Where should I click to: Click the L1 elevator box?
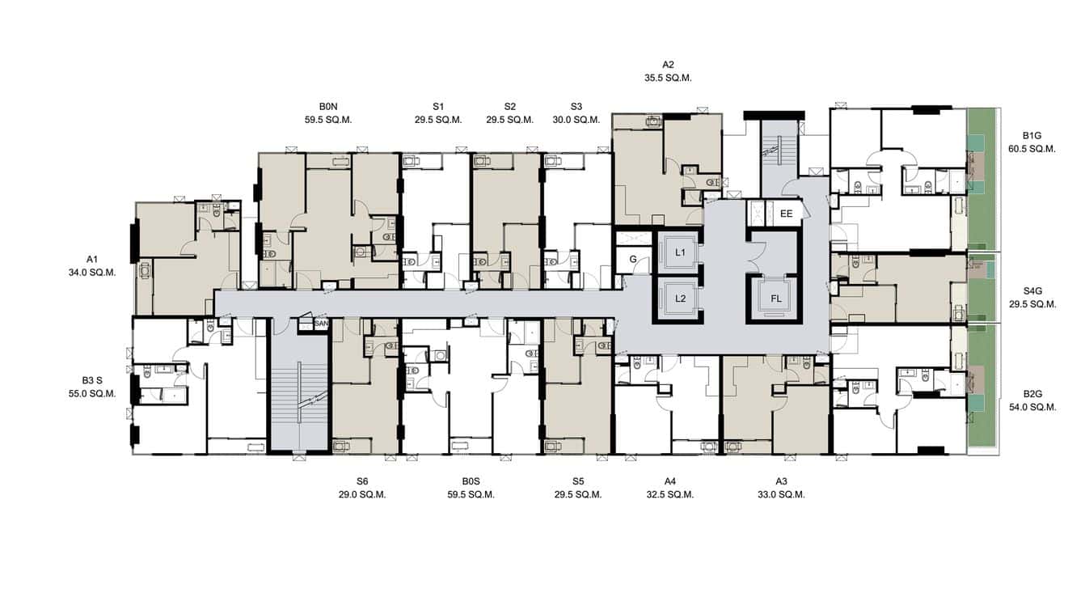[680, 253]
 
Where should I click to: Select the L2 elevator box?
[680, 299]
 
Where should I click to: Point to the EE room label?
[786, 214]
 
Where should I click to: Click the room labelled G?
[632, 260]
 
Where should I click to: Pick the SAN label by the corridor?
[320, 324]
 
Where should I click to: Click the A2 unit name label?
[668, 64]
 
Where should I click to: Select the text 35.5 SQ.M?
[668, 78]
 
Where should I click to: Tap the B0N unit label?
[328, 106]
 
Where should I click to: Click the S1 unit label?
[438, 106]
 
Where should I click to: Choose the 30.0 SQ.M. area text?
[576, 120]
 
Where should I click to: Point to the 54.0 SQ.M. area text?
[1032, 408]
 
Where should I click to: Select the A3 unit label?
[781, 481]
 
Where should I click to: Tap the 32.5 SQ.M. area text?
[669, 495]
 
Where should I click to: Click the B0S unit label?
[471, 481]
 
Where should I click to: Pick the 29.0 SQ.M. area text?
[362, 495]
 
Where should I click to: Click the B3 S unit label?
[92, 379]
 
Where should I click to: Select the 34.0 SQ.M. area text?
[92, 273]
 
